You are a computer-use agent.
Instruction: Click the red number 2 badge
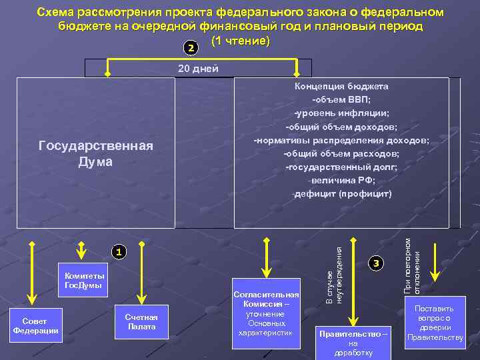click(x=191, y=49)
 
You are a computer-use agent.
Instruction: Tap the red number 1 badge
click(x=117, y=252)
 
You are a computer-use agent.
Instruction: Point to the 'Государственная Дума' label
click(x=95, y=153)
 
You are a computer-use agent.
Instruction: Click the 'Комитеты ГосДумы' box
click(x=83, y=281)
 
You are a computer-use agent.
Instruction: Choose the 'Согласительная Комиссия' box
click(x=265, y=313)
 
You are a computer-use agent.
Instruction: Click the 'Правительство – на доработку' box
click(x=353, y=342)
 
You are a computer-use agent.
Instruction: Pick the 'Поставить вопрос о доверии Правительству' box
click(x=435, y=323)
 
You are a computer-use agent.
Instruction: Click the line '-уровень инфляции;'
click(x=341, y=113)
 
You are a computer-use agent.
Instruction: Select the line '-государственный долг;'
click(x=341, y=167)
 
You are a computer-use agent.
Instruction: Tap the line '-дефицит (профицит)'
click(x=342, y=194)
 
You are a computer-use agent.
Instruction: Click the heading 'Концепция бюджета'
click(x=342, y=86)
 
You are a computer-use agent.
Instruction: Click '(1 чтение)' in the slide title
click(x=240, y=42)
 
